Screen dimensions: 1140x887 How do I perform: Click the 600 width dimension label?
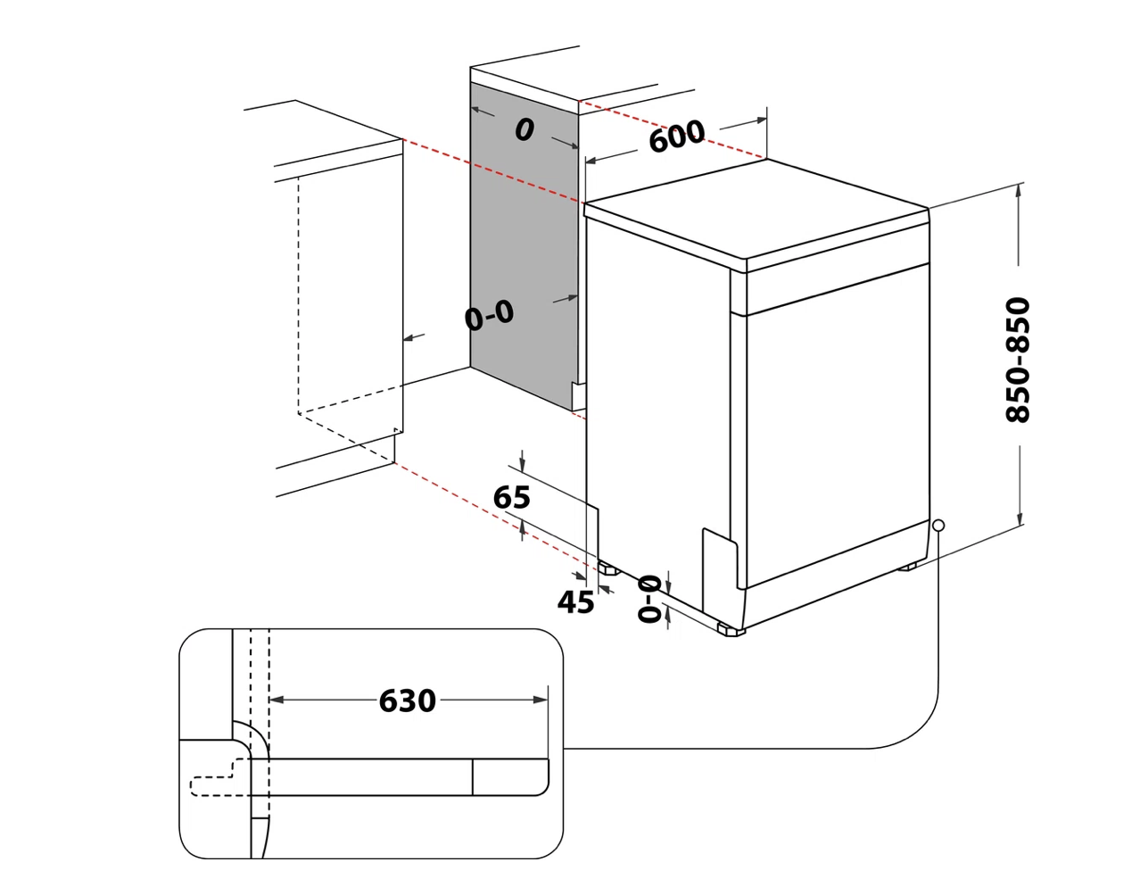tap(677, 136)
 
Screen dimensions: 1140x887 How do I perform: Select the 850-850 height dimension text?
tap(1018, 360)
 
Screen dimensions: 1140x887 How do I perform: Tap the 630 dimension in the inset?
tap(407, 700)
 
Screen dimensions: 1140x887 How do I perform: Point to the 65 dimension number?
tap(511, 497)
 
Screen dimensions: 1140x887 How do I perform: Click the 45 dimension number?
tap(575, 601)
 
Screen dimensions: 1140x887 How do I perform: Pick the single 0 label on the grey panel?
tap(525, 129)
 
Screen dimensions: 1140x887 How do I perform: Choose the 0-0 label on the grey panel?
tap(489, 315)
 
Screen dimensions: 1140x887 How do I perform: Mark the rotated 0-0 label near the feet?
tap(649, 599)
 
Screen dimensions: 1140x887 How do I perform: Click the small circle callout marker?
tap(938, 525)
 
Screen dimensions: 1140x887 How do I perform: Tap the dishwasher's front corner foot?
tap(731, 630)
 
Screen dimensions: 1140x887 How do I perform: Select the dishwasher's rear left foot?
tap(608, 569)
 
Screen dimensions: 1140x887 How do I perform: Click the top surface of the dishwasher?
tap(756, 209)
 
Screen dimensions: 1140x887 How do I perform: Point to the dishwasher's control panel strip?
tap(838, 289)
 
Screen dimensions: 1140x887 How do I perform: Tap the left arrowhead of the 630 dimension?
tap(277, 700)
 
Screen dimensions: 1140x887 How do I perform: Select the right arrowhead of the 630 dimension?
tap(541, 700)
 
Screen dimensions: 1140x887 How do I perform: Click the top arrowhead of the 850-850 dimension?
tap(1019, 192)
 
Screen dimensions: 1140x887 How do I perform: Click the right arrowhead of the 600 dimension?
tap(760, 120)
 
